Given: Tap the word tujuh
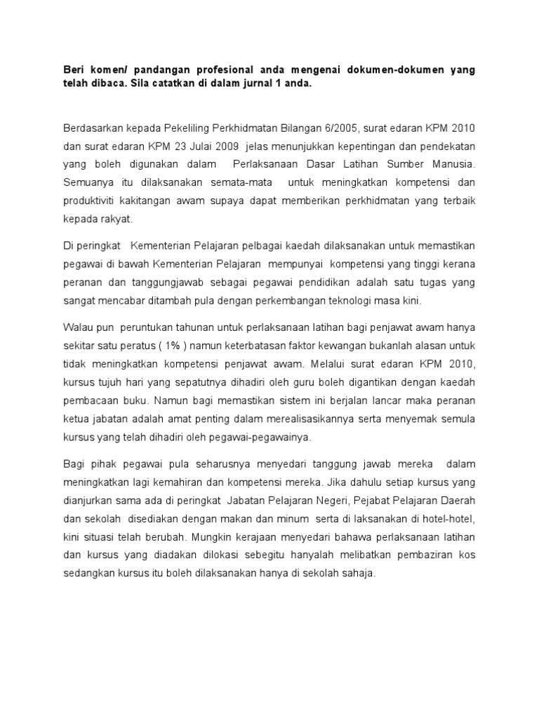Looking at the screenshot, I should point(109,381).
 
